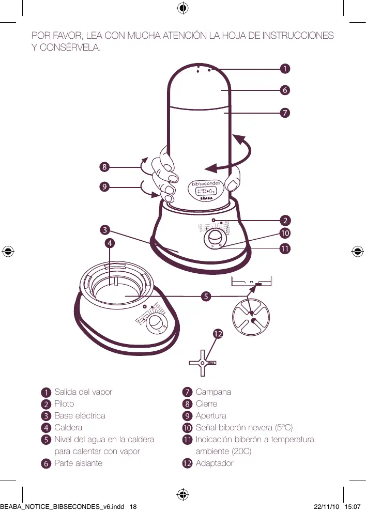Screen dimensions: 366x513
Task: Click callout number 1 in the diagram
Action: tap(284, 68)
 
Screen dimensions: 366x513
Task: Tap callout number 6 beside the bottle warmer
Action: tap(284, 90)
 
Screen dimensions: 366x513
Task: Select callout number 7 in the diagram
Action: tap(284, 112)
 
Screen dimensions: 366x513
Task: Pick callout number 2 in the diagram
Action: tap(284, 219)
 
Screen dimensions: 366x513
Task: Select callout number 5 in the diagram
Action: tap(206, 297)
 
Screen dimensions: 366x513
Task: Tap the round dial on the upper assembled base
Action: tap(213, 239)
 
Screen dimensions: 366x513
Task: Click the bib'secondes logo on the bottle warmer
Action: tap(206, 183)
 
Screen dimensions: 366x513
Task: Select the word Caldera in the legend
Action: tap(68, 427)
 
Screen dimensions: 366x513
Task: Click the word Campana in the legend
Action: tap(213, 392)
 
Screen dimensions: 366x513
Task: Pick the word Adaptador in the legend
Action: tap(215, 463)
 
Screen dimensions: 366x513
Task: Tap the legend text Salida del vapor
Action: tap(83, 392)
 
